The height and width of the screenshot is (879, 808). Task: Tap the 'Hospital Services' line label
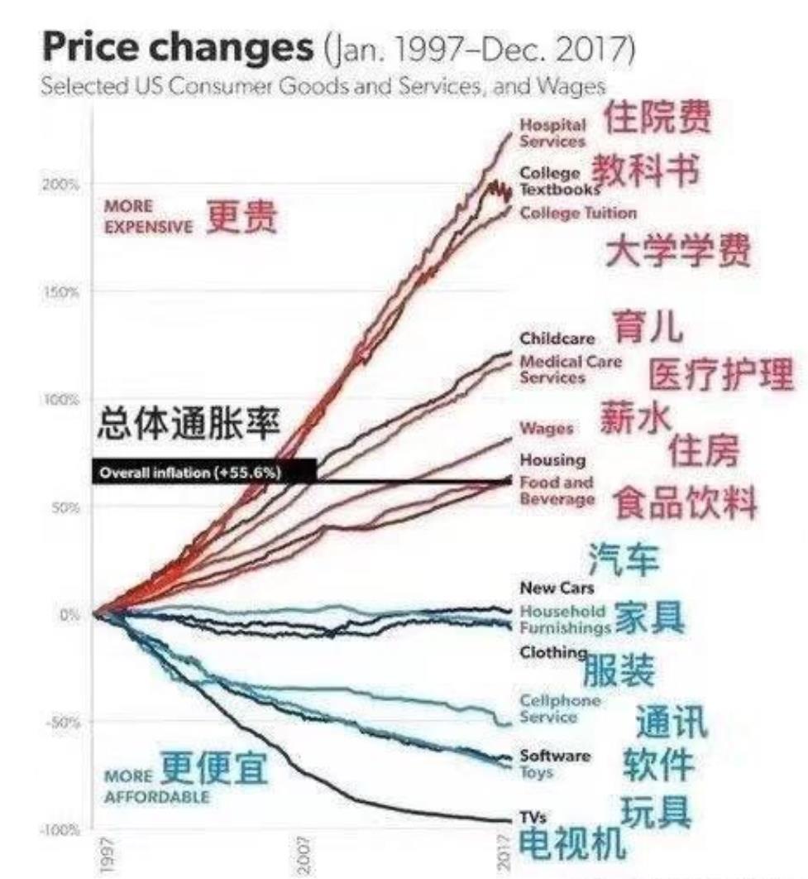(552, 132)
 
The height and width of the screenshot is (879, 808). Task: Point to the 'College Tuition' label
(579, 213)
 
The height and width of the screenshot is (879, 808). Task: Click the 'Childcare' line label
(557, 339)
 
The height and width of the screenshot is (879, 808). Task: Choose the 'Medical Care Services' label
(571, 369)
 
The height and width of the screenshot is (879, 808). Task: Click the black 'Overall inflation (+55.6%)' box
(203, 472)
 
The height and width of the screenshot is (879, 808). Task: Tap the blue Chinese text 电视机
(571, 843)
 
